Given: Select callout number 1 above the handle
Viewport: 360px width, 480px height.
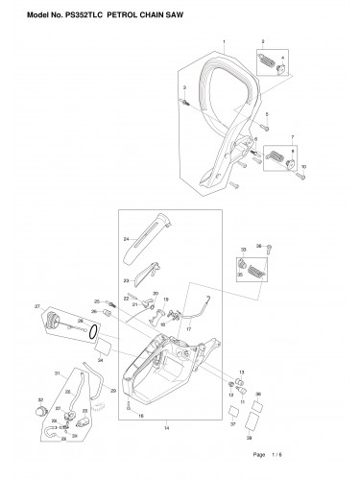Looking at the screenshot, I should (224, 44).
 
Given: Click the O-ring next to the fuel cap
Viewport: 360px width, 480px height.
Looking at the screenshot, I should (91, 335).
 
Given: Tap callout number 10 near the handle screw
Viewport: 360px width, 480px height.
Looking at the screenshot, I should (304, 167).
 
